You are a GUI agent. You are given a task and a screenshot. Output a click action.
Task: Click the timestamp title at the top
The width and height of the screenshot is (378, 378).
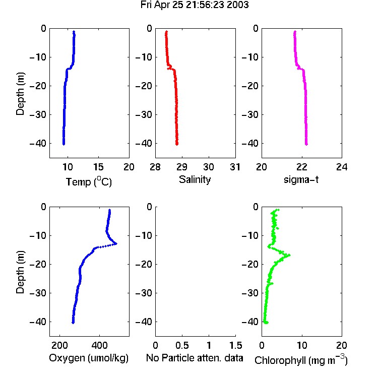[195, 5]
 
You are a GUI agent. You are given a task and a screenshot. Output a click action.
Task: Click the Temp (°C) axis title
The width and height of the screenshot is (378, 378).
[89, 182]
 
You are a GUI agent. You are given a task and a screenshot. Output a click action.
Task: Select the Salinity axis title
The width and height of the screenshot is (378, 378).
[195, 179]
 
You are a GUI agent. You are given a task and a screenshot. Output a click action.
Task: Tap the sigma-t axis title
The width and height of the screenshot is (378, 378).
[301, 179]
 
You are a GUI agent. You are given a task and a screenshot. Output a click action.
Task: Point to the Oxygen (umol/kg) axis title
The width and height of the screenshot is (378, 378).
[89, 358]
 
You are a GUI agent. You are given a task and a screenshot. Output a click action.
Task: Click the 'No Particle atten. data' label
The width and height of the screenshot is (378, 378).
[195, 358]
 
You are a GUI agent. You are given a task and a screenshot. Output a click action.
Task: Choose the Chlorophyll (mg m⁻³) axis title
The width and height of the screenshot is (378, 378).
[301, 360]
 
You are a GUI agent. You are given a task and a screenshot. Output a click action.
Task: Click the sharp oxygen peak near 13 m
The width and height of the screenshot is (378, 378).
[116, 244]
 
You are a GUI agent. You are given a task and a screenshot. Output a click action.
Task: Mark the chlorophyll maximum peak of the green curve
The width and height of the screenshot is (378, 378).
[289, 255]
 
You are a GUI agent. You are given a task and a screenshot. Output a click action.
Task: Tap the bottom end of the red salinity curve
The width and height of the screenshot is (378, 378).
[177, 144]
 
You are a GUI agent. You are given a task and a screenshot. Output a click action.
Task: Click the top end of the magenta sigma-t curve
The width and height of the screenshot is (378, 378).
[295, 32]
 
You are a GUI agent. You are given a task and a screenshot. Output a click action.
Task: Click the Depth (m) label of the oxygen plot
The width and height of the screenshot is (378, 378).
[20, 272]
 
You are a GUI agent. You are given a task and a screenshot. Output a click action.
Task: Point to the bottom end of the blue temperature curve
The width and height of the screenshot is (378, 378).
[64, 144]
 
